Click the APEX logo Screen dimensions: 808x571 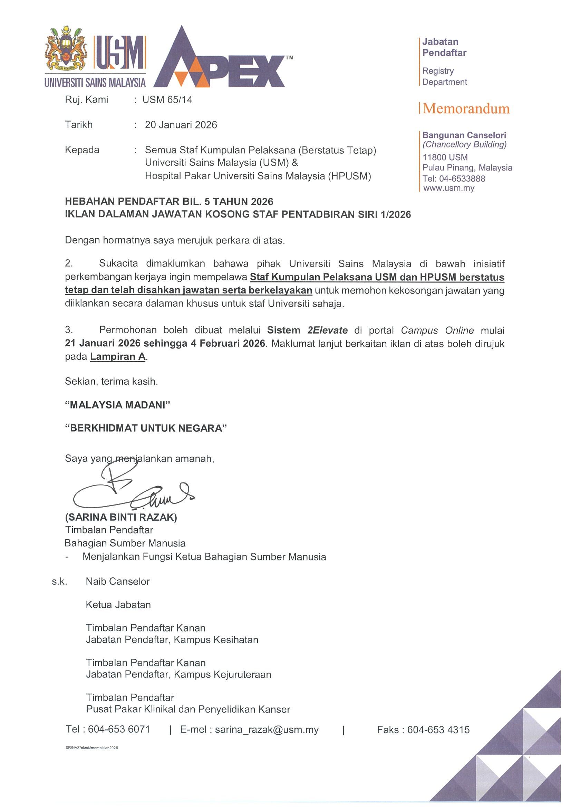pyautogui.click(x=222, y=60)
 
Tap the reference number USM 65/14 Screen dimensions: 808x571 pyautogui.click(x=167, y=99)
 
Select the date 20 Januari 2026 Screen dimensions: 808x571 pyautogui.click(x=181, y=125)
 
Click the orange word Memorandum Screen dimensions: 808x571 pyautogui.click(x=466, y=109)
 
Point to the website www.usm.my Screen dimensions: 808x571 pyautogui.click(x=448, y=188)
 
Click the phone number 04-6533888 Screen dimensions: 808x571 pyautogui.click(x=462, y=179)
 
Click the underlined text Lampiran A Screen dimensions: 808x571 pyautogui.click(x=118, y=356)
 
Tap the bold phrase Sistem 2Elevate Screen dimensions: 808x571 pyautogui.click(x=307, y=330)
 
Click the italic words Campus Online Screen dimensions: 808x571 pyautogui.click(x=437, y=330)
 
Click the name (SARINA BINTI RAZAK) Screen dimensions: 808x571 pyautogui.click(x=121, y=517)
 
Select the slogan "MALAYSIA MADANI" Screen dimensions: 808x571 pyautogui.click(x=117, y=405)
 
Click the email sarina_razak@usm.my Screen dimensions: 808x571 pyautogui.click(x=267, y=730)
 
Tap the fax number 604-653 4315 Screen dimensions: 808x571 pyautogui.click(x=438, y=730)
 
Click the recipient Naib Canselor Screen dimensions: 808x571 pyautogui.click(x=118, y=581)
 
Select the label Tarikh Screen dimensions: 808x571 pyautogui.click(x=79, y=125)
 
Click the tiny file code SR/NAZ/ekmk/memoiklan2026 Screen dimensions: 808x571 pyautogui.click(x=91, y=748)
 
